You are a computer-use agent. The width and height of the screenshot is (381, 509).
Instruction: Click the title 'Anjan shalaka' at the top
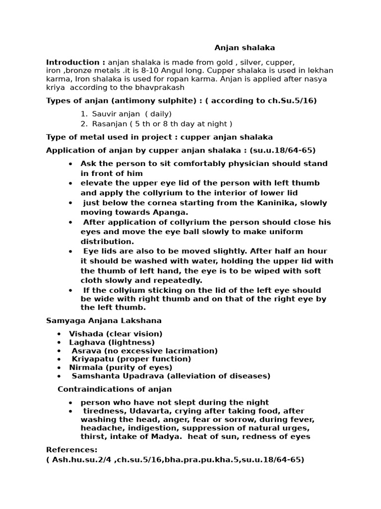[245, 48]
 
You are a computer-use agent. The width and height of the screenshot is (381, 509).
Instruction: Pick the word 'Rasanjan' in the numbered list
[109, 124]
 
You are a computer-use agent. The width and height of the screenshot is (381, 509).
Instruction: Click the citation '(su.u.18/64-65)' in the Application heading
[283, 150]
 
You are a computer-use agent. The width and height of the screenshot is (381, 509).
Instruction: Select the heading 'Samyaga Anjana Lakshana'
[103, 321]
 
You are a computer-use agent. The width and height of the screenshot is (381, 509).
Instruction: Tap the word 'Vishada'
[84, 334]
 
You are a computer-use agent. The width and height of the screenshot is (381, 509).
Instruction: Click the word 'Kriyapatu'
[91, 359]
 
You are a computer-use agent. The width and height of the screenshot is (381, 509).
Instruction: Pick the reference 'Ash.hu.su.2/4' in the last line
[77, 460]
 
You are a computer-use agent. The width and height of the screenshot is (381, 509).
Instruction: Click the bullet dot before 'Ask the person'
[71, 164]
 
